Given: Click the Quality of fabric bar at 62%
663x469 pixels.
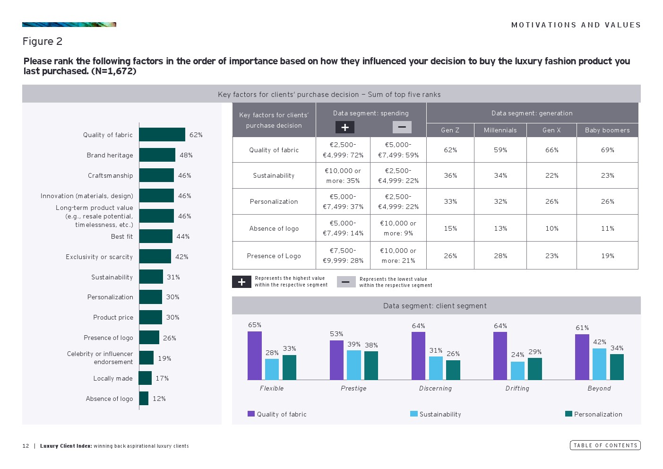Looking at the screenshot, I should pyautogui.click(x=162, y=135).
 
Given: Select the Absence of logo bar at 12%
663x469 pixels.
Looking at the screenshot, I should pyautogui.click(x=144, y=399).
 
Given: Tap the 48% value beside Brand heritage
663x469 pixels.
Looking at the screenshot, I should pyautogui.click(x=186, y=155).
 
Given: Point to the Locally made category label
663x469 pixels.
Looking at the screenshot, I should pyautogui.click(x=113, y=378).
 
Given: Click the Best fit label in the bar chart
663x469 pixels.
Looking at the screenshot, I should pyautogui.click(x=122, y=236).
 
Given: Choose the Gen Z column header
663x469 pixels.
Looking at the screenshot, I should pyautogui.click(x=450, y=130).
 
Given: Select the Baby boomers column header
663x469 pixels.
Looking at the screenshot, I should pyautogui.click(x=607, y=130).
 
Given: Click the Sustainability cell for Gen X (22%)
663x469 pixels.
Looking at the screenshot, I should pyautogui.click(x=551, y=175).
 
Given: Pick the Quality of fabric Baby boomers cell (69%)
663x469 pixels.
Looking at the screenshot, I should pyautogui.click(x=607, y=150).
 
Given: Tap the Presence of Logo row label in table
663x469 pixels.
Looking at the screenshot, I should pyautogui.click(x=274, y=256).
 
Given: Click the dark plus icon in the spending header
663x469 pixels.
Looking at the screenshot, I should pyautogui.click(x=345, y=127).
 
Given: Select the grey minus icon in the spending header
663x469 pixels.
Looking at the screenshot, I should pyautogui.click(x=402, y=127).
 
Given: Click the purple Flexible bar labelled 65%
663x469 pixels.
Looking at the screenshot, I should pyautogui.click(x=255, y=356).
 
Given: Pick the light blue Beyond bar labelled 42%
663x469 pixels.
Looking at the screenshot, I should pyautogui.click(x=599, y=364).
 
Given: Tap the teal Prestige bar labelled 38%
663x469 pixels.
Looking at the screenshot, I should pyautogui.click(x=371, y=365).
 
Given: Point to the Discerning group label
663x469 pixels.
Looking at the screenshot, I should pyautogui.click(x=435, y=388).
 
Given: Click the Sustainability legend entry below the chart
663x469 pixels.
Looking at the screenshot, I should pyautogui.click(x=436, y=414).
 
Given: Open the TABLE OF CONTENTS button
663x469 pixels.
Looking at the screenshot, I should pyautogui.click(x=605, y=445).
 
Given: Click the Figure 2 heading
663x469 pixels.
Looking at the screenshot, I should pyautogui.click(x=43, y=42).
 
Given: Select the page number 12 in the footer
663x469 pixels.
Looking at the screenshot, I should pyautogui.click(x=26, y=446).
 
